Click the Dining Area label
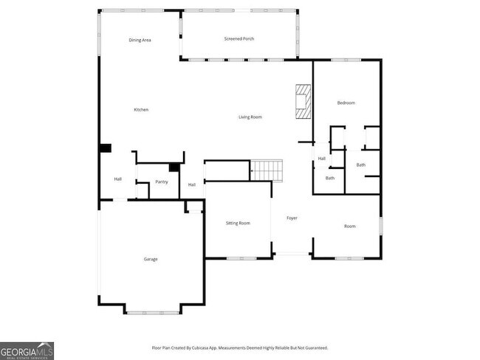pyautogui.click(x=140, y=40)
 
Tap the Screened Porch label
pyautogui.click(x=239, y=38)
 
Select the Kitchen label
pyautogui.click(x=141, y=110)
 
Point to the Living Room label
pyautogui.click(x=250, y=117)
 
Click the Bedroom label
pyautogui.click(x=346, y=103)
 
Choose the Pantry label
pyautogui.click(x=161, y=181)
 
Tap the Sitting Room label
pyautogui.click(x=238, y=223)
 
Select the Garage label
pyautogui.click(x=151, y=259)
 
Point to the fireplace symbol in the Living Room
pyautogui.click(x=304, y=101)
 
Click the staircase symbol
pyautogui.click(x=268, y=170)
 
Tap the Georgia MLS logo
pyautogui.click(x=27, y=350)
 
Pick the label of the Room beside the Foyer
pyautogui.click(x=350, y=226)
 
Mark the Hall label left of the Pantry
pyautogui.click(x=117, y=179)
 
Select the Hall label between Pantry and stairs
pyautogui.click(x=191, y=184)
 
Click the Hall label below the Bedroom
pyautogui.click(x=322, y=159)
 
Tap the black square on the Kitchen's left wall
pyautogui.click(x=105, y=148)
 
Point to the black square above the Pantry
pyautogui.click(x=174, y=167)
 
